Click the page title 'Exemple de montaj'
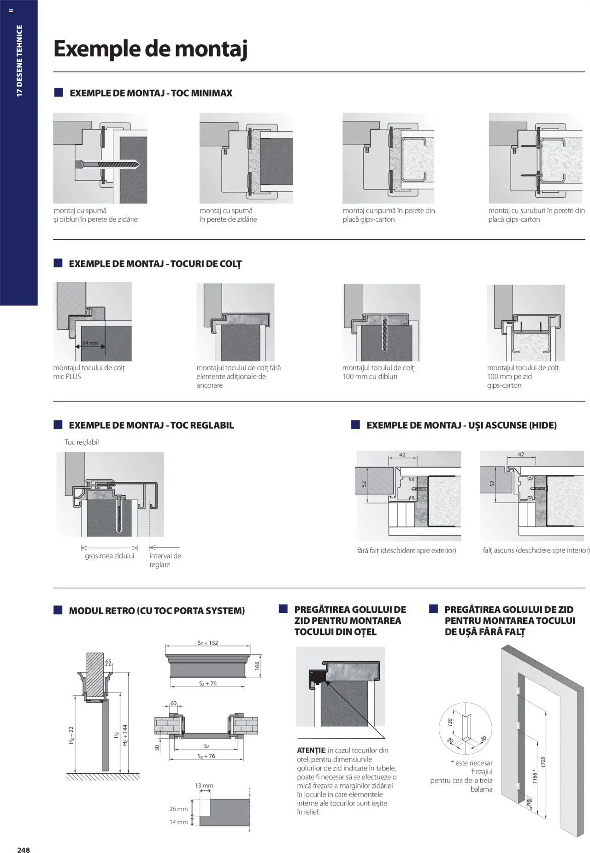(x=150, y=49)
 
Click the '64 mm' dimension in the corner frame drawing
(x=90, y=343)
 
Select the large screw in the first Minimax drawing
(x=106, y=164)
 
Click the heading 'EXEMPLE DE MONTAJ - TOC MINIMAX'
(x=151, y=93)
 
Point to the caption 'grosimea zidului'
(x=109, y=556)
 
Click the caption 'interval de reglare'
(x=165, y=560)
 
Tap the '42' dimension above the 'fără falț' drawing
(x=402, y=455)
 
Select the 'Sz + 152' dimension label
(x=207, y=643)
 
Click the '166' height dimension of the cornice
(x=257, y=665)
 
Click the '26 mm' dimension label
(x=178, y=809)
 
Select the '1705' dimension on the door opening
(x=544, y=762)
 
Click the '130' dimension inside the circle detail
(x=450, y=722)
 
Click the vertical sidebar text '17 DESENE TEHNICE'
(x=19, y=60)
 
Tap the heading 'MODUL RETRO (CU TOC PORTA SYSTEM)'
(x=157, y=611)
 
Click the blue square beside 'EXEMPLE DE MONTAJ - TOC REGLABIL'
(x=58, y=425)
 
